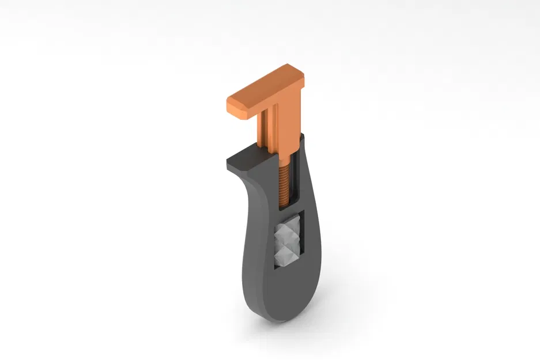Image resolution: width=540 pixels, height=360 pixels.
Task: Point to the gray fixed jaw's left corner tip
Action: pyautogui.click(x=227, y=161)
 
